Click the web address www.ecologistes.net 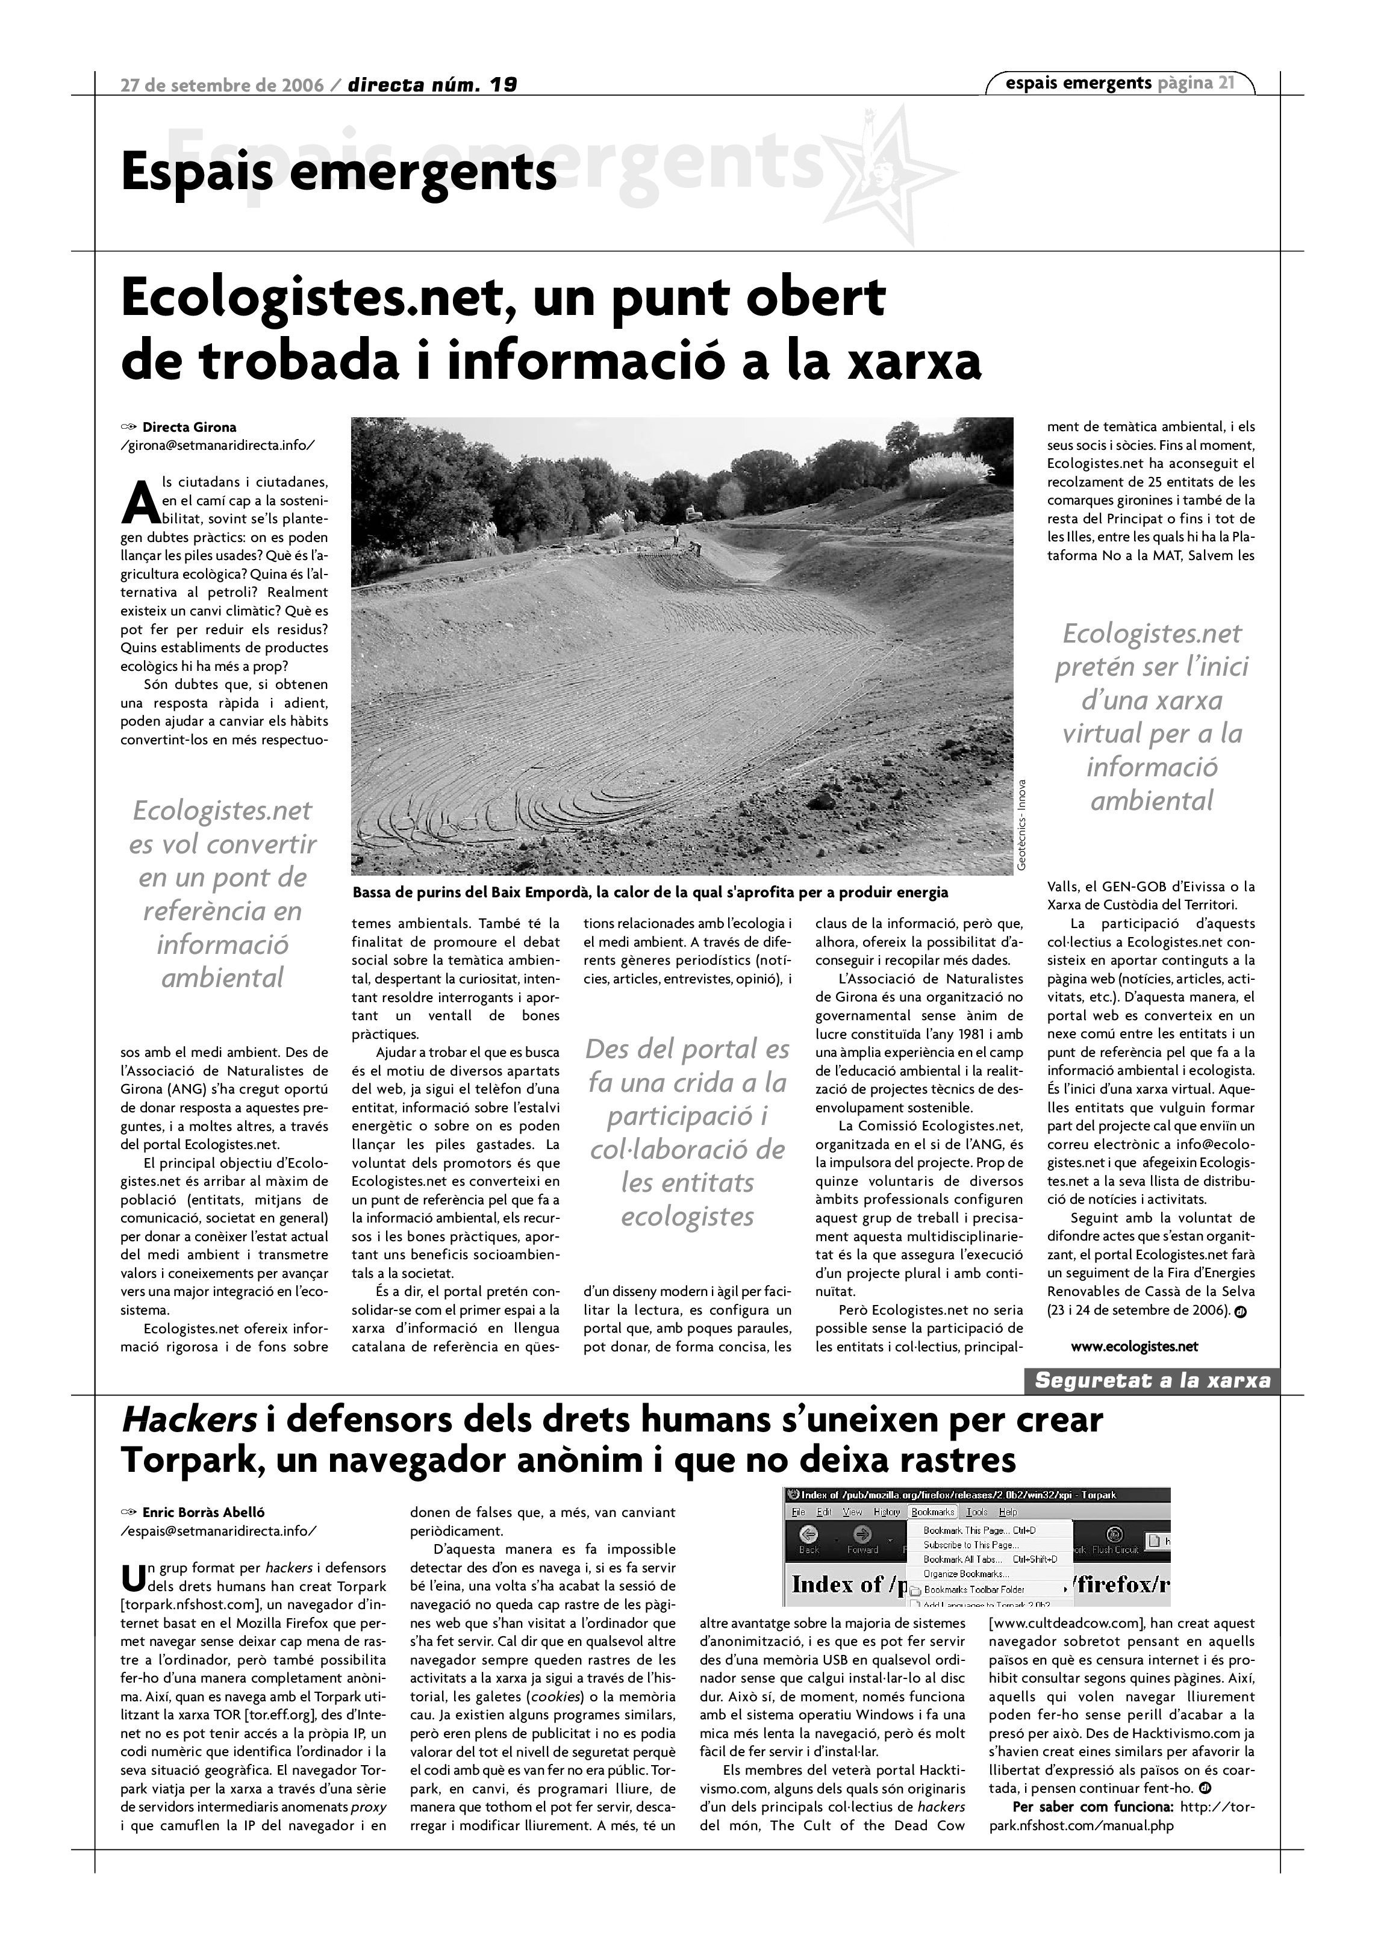(x=1135, y=1346)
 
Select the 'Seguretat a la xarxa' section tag (x=1152, y=1381)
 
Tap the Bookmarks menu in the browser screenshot (x=932, y=1512)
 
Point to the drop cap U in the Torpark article (x=134, y=1575)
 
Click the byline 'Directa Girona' (x=189, y=428)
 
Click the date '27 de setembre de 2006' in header (x=221, y=85)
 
